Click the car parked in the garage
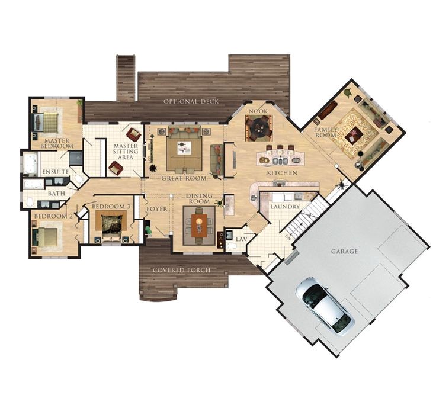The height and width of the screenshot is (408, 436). click(x=324, y=306)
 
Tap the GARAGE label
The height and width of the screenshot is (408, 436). click(x=344, y=252)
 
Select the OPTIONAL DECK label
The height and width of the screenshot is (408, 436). click(x=191, y=101)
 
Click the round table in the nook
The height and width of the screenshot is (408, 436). click(x=259, y=126)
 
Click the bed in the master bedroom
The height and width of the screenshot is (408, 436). click(x=48, y=122)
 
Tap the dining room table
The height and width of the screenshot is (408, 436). click(x=199, y=225)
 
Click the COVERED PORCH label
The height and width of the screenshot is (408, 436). click(x=182, y=270)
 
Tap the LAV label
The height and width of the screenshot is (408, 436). click(x=242, y=239)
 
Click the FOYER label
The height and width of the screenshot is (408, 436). click(x=156, y=209)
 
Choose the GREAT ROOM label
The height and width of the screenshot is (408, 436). click(x=184, y=178)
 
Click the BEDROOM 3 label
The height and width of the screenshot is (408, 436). click(x=111, y=206)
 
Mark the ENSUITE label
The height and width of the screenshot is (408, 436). click(x=56, y=172)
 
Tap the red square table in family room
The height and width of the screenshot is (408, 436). click(x=354, y=136)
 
